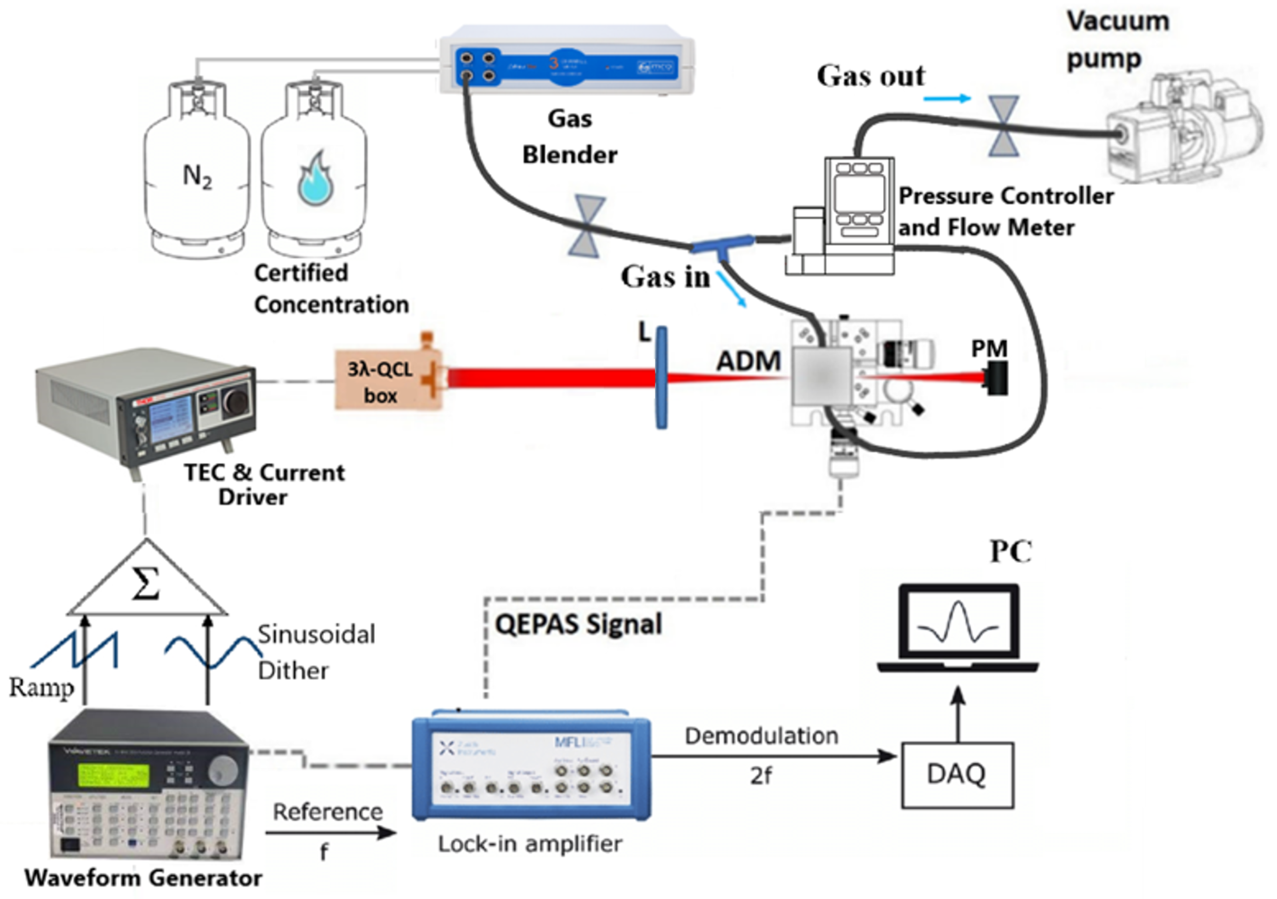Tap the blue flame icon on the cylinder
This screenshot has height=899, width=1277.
(315, 179)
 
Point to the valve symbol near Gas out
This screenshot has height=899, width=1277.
(1003, 126)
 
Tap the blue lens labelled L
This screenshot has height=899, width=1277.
(661, 378)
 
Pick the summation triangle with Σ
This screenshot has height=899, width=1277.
(146, 584)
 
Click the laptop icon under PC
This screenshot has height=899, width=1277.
(958, 628)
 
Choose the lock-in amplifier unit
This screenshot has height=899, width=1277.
(531, 770)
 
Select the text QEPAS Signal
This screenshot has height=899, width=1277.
(578, 624)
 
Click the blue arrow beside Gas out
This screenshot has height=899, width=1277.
(947, 99)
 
